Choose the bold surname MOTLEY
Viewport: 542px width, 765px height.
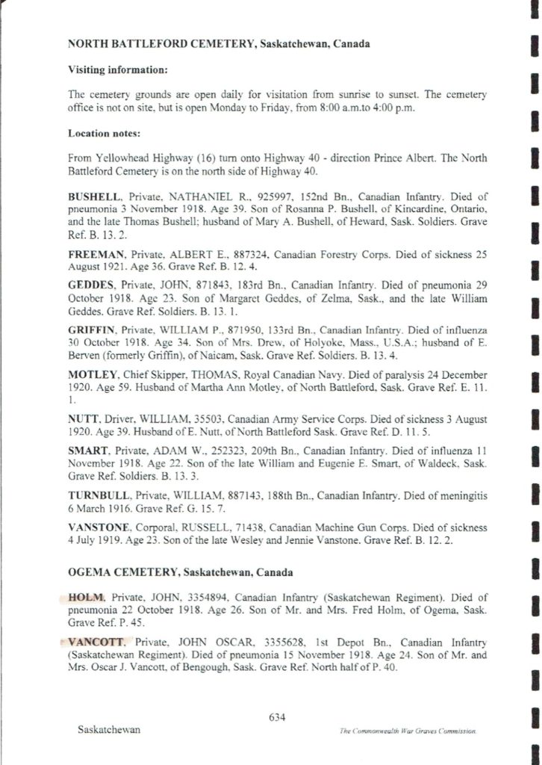90,374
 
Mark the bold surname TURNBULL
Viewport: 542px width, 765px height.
96,495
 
